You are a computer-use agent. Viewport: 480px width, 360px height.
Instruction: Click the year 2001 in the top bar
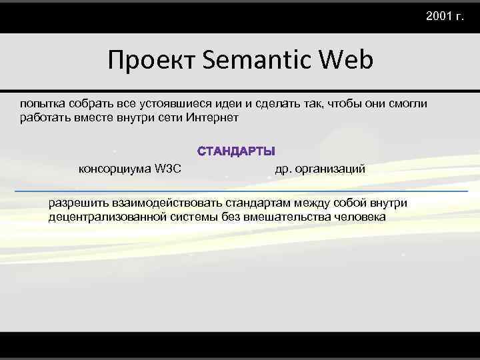(439, 15)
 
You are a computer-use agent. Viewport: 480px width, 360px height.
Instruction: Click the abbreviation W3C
(167, 168)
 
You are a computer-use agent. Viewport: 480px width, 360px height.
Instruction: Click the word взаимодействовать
(167, 203)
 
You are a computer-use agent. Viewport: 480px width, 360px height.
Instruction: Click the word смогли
(408, 105)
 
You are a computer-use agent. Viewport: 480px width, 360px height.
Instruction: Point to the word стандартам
(258, 203)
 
